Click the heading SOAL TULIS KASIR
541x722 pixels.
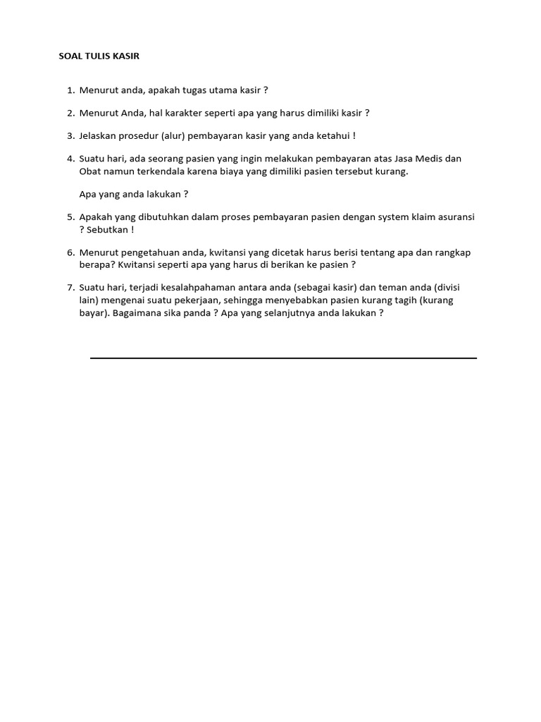point(99,56)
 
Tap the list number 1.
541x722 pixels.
point(70,90)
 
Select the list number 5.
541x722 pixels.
point(70,217)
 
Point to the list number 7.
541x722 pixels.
point(70,288)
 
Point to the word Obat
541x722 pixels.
point(90,171)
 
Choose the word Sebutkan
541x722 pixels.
point(106,230)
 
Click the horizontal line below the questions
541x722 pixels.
point(283,358)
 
